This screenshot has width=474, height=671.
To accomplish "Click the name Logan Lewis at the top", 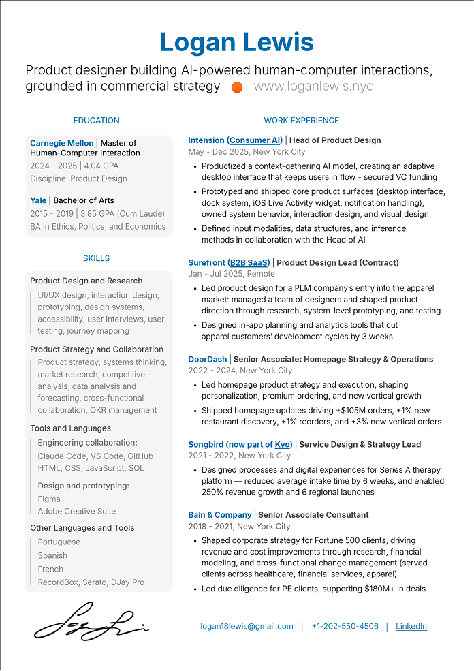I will (237, 42).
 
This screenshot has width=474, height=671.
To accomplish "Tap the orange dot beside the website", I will (237, 87).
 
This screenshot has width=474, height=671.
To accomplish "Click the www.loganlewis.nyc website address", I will (313, 87).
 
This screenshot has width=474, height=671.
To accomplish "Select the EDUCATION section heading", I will (96, 121).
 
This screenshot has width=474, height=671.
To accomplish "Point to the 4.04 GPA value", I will (101, 166).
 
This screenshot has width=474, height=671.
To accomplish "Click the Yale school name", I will (38, 200).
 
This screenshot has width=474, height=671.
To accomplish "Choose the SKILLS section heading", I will (96, 258).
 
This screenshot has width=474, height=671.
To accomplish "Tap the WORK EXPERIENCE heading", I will (301, 121).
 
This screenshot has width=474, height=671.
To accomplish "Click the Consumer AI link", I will (255, 140).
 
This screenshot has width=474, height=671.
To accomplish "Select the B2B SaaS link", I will (249, 262).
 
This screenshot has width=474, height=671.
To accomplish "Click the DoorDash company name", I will (208, 359).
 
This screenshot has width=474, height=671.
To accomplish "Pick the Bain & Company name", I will (220, 515).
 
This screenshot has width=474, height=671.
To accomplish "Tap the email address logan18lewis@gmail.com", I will (247, 627).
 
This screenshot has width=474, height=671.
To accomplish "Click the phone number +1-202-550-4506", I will (345, 627).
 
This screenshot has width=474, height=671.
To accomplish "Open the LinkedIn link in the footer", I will (411, 627).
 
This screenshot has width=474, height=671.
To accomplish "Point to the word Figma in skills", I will (49, 499).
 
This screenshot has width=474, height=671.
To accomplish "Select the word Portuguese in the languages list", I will (59, 542).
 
